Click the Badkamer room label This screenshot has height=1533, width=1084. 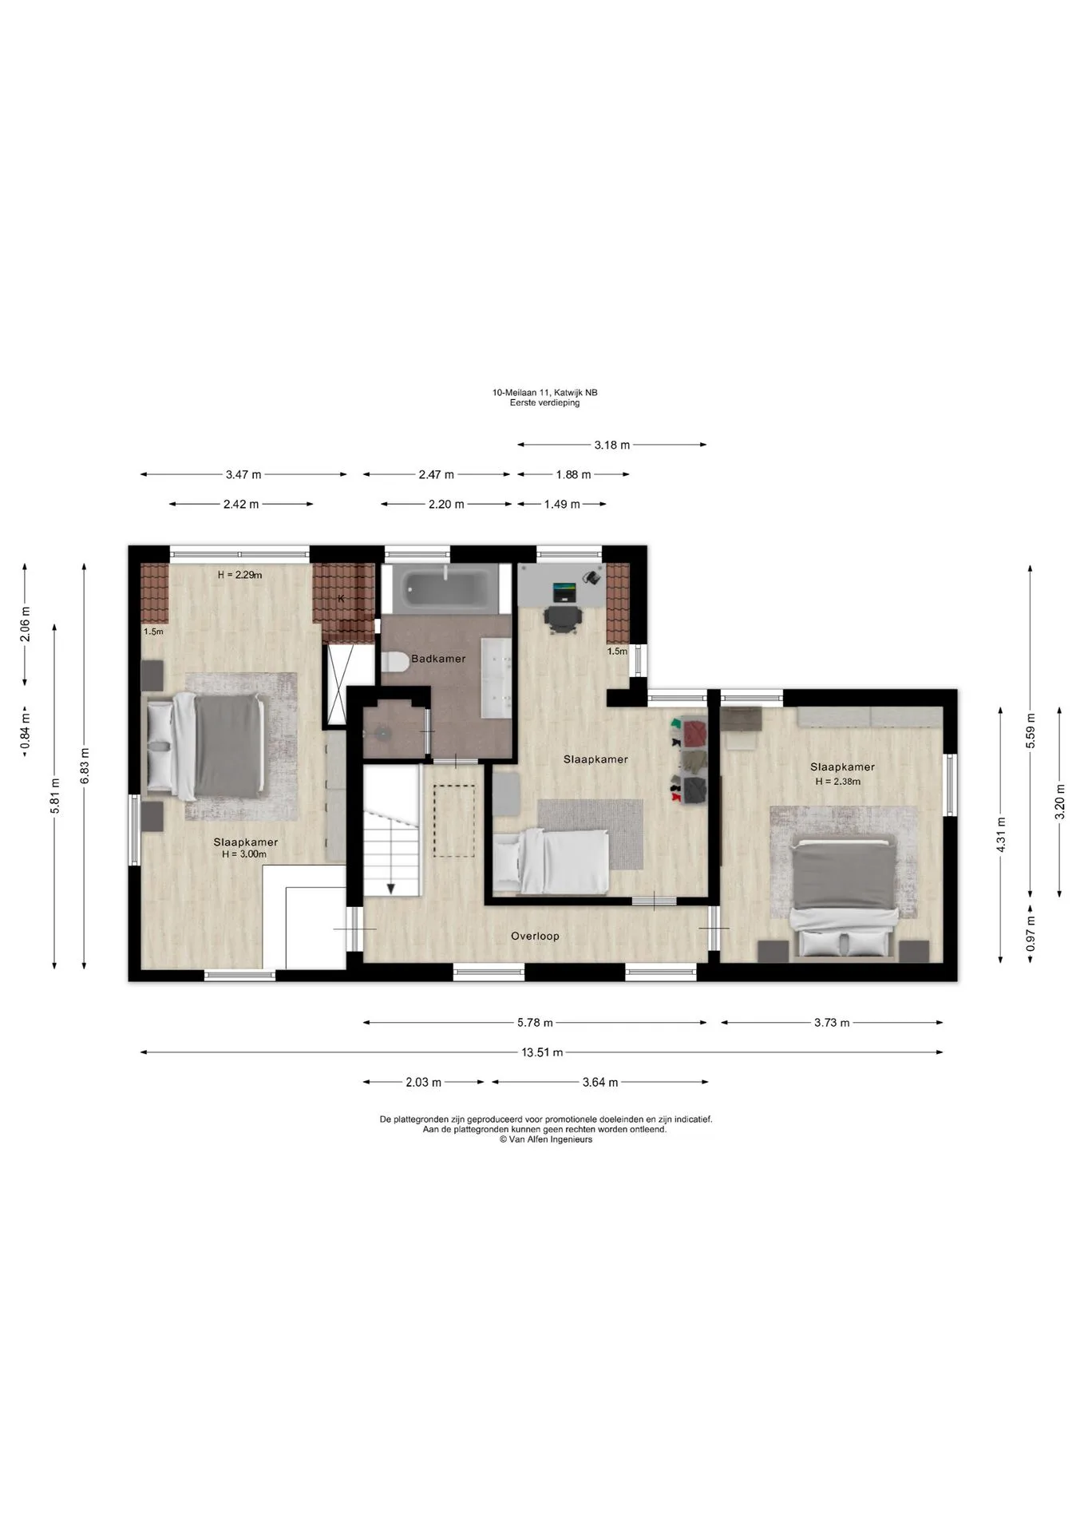(x=438, y=659)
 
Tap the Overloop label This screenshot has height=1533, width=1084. (x=535, y=936)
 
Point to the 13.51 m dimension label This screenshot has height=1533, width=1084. (x=542, y=1052)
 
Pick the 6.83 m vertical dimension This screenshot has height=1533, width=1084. (x=84, y=766)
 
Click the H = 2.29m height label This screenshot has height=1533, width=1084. (x=239, y=574)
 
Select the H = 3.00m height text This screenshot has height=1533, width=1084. (x=244, y=854)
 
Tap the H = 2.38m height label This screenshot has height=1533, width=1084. (x=838, y=782)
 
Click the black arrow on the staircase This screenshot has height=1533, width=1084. (x=391, y=887)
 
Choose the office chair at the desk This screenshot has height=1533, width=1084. (x=564, y=619)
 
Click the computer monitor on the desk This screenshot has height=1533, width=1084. (x=564, y=592)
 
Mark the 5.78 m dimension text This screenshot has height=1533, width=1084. (x=535, y=1022)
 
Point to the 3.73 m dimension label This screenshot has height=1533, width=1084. (x=832, y=1022)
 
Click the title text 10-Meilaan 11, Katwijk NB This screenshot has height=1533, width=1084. (x=544, y=392)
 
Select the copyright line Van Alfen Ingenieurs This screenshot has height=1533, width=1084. (x=546, y=1139)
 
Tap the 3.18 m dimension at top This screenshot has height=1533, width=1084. (x=612, y=445)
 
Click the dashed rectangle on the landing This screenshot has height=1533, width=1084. (x=454, y=821)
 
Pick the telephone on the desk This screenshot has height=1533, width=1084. (x=591, y=576)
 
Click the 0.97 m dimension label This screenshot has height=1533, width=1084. (x=1030, y=931)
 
